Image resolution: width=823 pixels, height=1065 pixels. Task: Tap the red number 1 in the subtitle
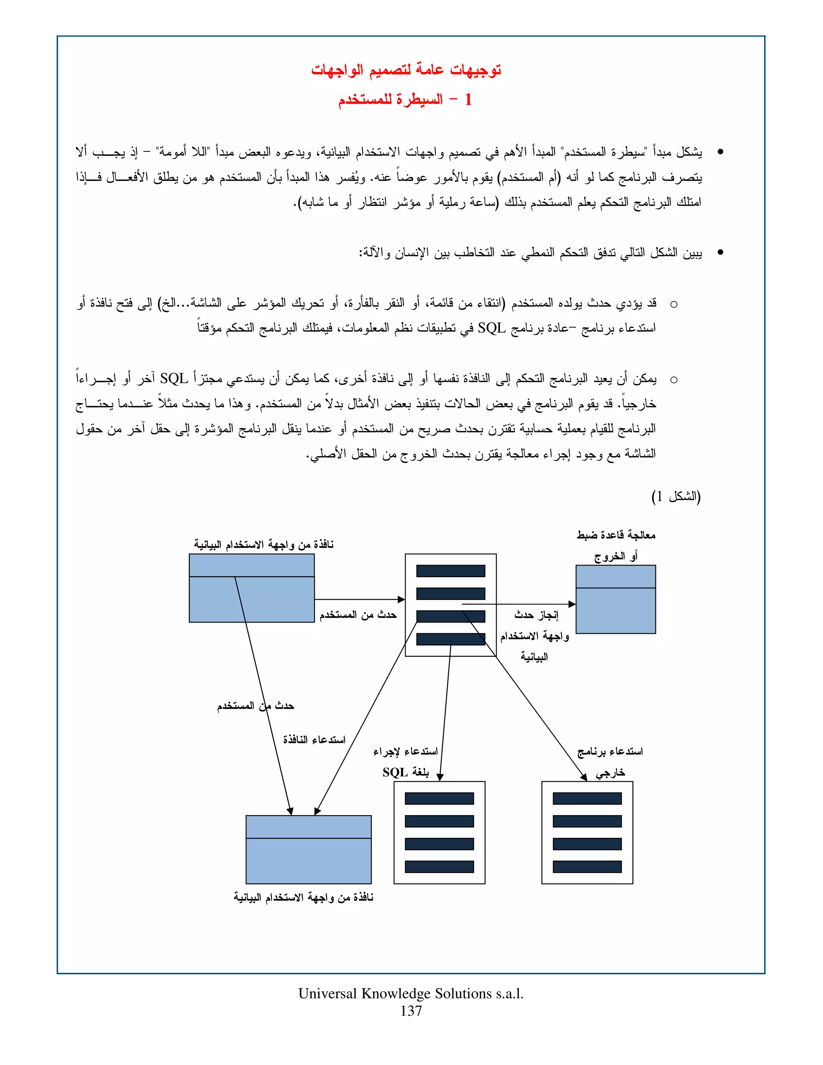(468, 100)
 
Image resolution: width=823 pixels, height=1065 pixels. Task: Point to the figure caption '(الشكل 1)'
(676, 497)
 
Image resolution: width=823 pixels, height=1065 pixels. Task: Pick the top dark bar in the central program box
(450, 571)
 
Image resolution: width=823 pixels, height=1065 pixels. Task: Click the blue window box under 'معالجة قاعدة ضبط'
(615, 599)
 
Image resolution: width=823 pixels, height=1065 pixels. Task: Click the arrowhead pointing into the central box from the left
(402, 599)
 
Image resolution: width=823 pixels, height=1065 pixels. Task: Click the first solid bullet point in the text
(720, 152)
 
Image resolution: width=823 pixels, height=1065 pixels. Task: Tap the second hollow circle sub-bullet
(674, 380)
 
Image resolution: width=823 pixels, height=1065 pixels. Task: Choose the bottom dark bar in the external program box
(587, 866)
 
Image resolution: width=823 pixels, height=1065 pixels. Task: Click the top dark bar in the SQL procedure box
(439, 798)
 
